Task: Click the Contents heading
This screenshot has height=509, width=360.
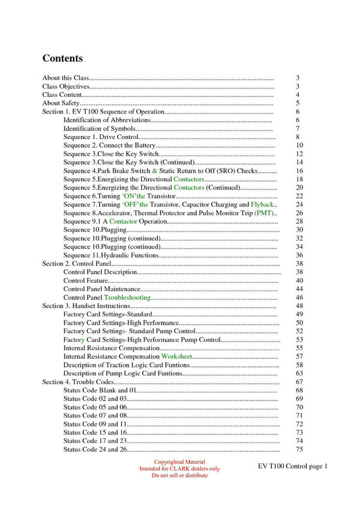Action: [62, 59]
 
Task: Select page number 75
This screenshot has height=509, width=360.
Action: [299, 450]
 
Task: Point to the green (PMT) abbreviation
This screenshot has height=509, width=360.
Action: [264, 213]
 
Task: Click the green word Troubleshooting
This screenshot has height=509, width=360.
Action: [127, 297]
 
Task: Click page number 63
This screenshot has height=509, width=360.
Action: [299, 373]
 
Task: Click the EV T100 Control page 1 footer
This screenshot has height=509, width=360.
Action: [293, 466]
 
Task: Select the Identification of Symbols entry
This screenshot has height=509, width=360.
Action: [99, 128]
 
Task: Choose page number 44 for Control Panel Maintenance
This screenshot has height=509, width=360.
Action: [299, 289]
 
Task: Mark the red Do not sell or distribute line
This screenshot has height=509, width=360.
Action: [179, 475]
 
